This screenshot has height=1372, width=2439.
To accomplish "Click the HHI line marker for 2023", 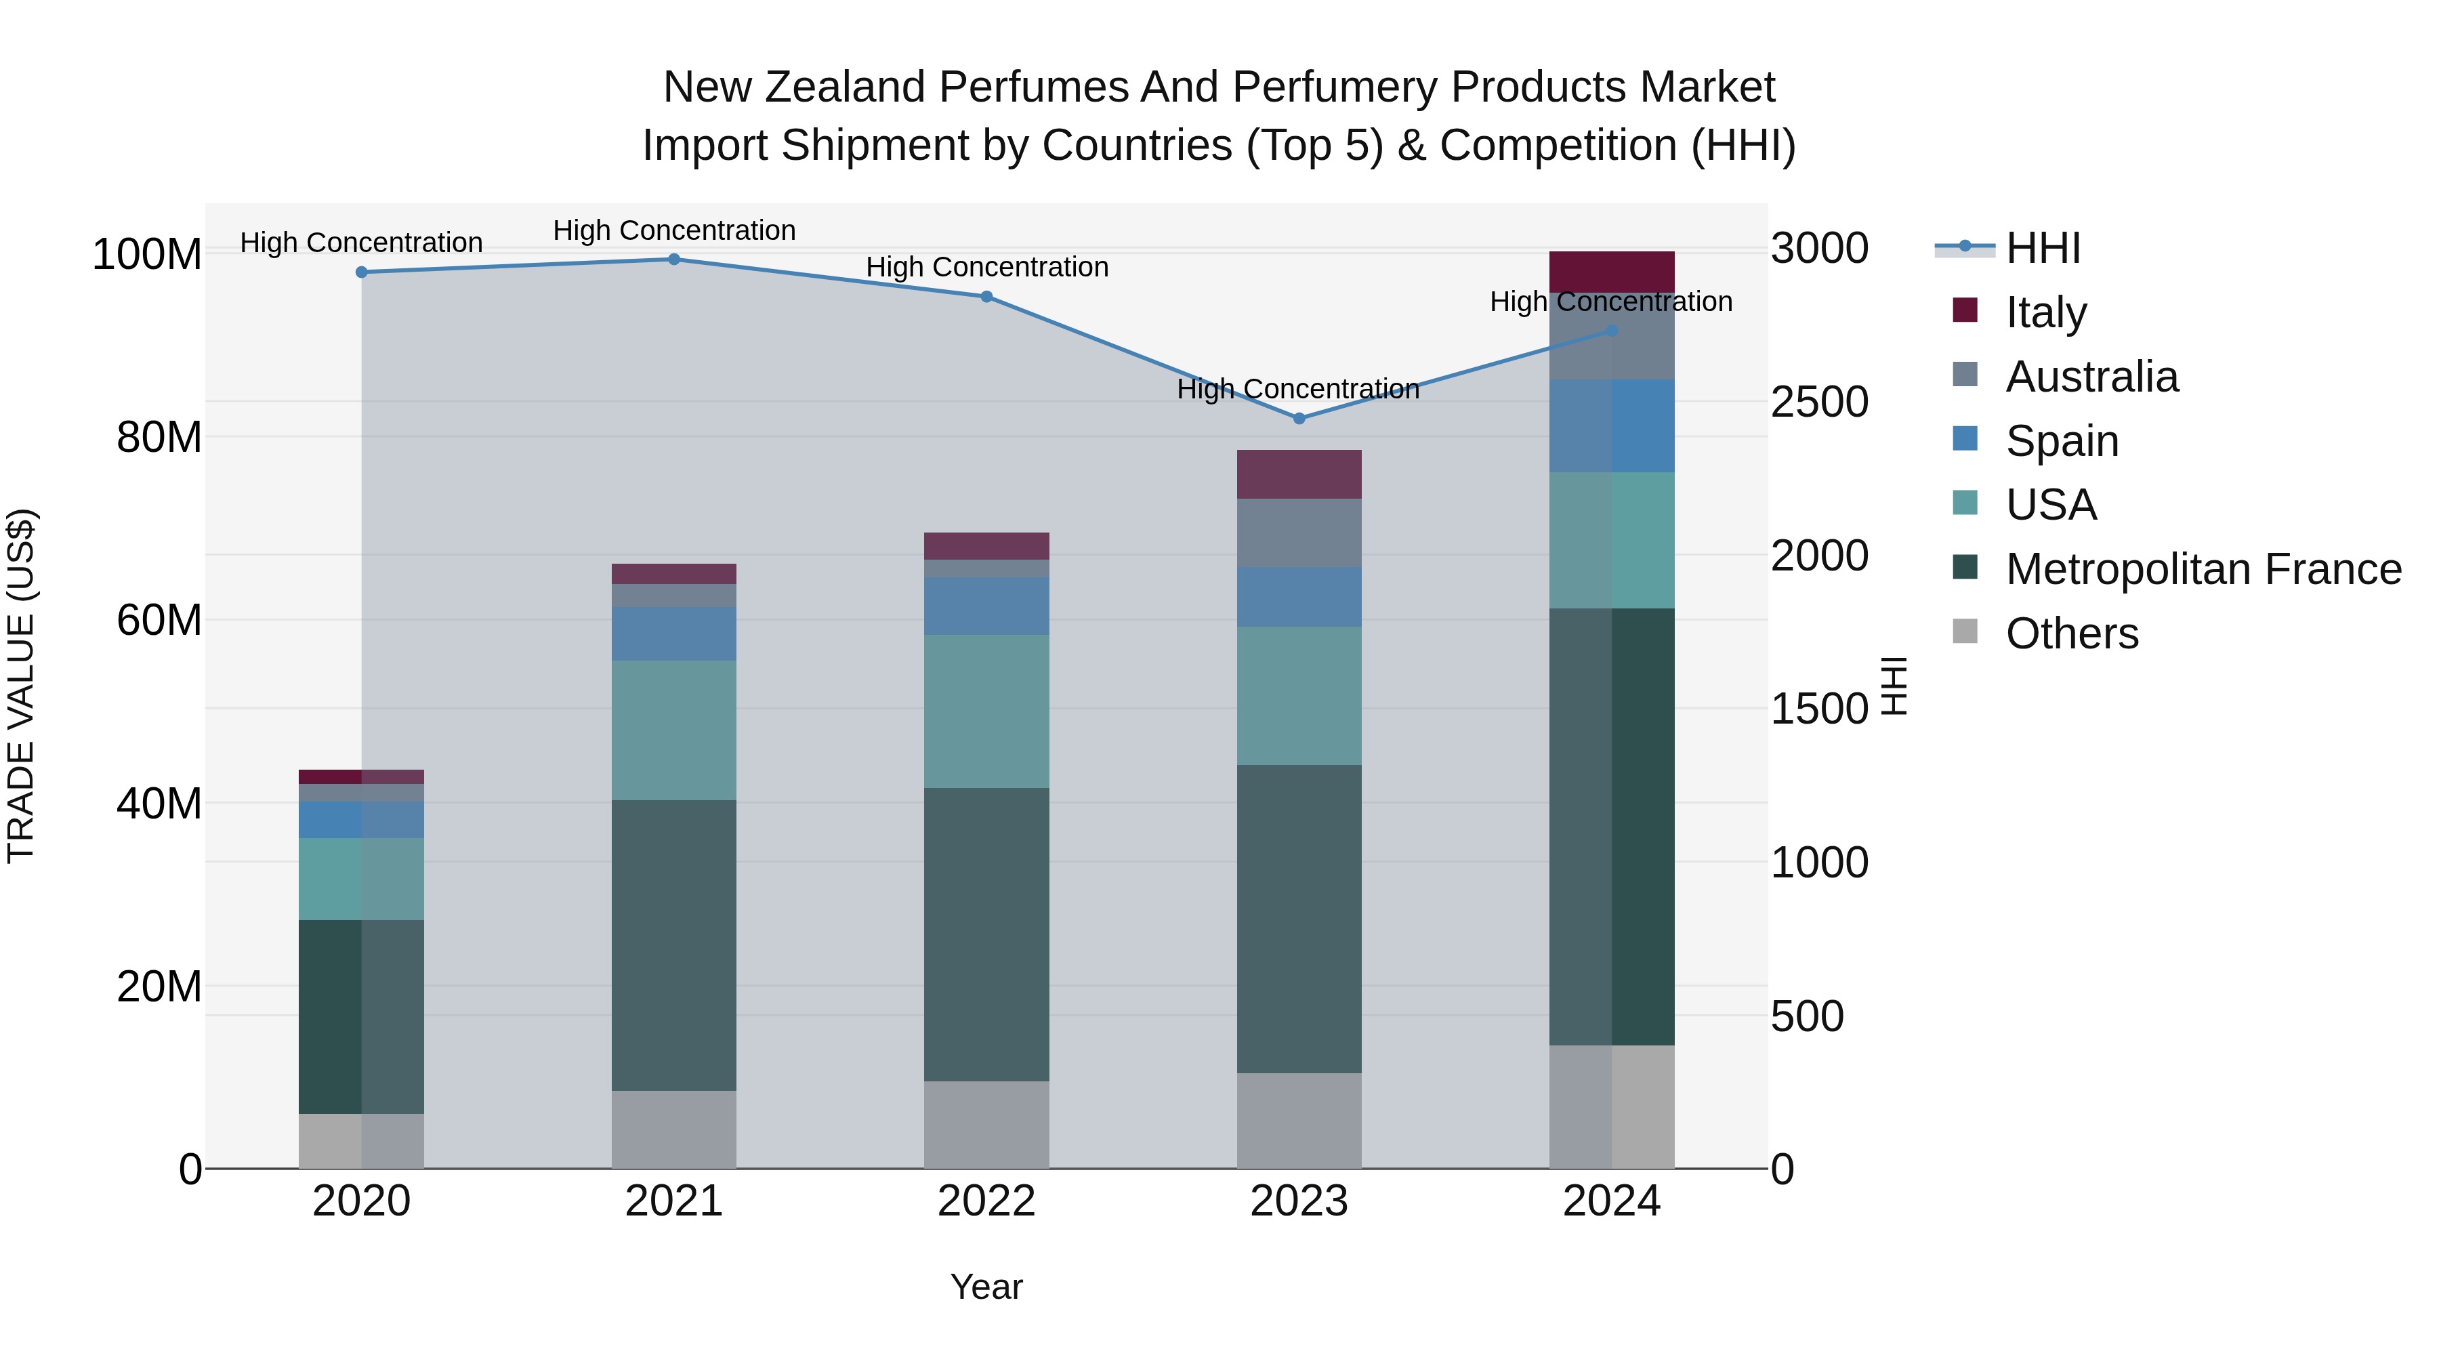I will click(x=1299, y=419).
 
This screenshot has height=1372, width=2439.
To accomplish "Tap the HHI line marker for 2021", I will click(x=674, y=259).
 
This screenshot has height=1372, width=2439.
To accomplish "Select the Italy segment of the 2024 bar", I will click(x=1612, y=272).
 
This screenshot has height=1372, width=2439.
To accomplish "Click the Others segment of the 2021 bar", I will click(x=674, y=1129).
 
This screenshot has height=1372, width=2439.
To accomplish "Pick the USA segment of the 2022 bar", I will click(x=986, y=711).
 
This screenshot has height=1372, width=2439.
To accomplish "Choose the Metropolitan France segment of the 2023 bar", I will click(x=1299, y=919).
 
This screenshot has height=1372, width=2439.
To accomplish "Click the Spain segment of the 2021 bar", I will click(x=674, y=633).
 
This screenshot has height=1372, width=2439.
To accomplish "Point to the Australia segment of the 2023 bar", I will click(x=1299, y=533).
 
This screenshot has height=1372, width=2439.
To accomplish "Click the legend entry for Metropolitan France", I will click(x=2203, y=569).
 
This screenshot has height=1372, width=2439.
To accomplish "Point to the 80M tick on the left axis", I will click(x=159, y=438).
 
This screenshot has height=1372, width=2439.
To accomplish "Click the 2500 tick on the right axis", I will click(x=1820, y=402).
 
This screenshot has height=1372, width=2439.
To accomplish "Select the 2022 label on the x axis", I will click(x=986, y=1201).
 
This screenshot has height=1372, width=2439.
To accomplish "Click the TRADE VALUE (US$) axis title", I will click(x=21, y=686).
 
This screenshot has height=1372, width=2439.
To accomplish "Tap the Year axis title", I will click(x=986, y=1287).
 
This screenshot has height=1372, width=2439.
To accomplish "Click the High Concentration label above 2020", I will click(x=362, y=243).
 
